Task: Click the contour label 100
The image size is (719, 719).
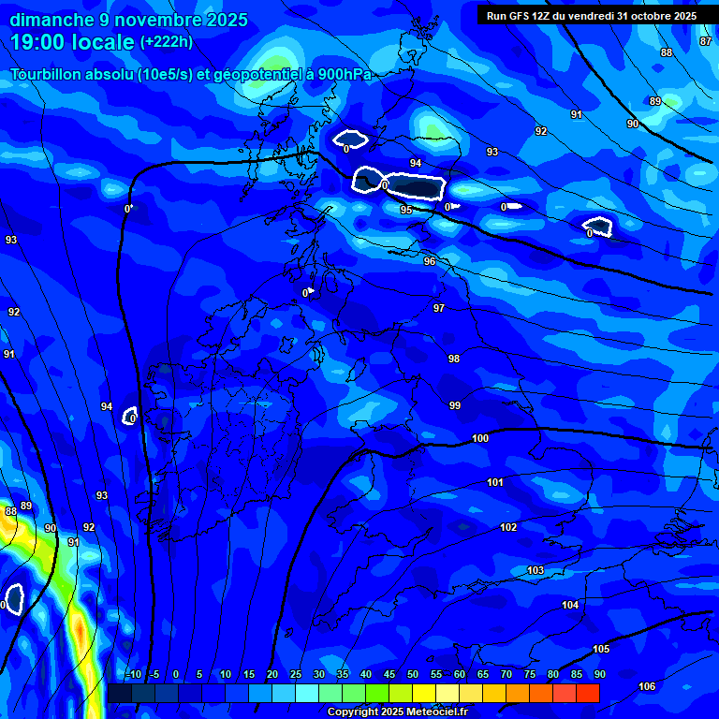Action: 480,438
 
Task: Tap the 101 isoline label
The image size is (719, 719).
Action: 495,482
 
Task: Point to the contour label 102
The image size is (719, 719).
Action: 508,527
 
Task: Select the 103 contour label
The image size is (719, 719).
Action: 536,570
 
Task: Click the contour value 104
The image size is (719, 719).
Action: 570,605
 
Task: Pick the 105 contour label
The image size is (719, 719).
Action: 601,649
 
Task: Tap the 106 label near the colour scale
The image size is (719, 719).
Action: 647,686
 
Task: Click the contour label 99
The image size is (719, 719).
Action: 455,405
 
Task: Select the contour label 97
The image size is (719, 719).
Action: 439,308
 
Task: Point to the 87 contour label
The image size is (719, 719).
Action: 706,41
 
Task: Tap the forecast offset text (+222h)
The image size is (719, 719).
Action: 166,41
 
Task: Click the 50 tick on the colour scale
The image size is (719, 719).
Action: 413,674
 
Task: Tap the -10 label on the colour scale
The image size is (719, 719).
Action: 133,674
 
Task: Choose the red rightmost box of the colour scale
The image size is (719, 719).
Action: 588,693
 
